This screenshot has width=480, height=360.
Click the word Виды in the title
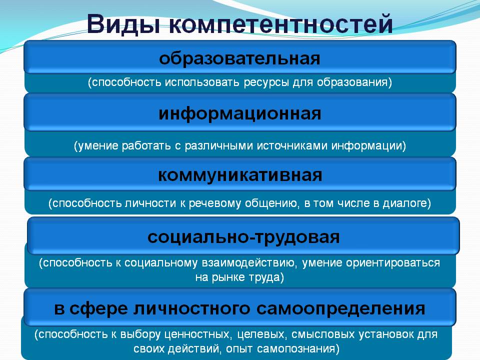pyautogui.click(x=123, y=24)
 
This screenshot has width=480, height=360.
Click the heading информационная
pyautogui.click(x=240, y=114)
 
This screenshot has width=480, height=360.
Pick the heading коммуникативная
pyautogui.click(x=240, y=175)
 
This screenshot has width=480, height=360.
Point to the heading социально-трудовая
pyautogui.click(x=243, y=237)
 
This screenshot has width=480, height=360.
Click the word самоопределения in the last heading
pyautogui.click(x=340, y=309)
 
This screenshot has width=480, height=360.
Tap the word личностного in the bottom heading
pyautogui.click(x=191, y=308)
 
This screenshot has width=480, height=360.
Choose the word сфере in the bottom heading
pyautogui.click(x=97, y=309)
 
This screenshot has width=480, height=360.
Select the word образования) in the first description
pyautogui.click(x=354, y=82)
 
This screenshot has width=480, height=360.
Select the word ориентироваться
pyautogui.click(x=393, y=263)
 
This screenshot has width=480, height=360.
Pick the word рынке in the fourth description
pyautogui.click(x=228, y=277)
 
